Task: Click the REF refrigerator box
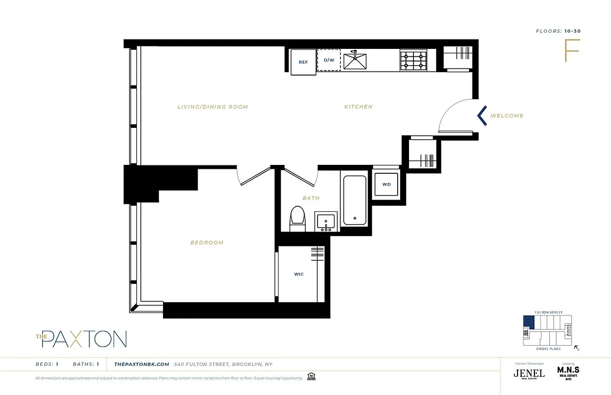pos(303,62)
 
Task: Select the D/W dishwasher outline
pos(329,60)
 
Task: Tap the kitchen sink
pos(356,60)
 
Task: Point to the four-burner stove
pos(413,60)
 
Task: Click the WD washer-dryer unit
pos(386,184)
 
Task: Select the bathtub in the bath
pos(354,200)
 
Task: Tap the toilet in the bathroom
pos(297,218)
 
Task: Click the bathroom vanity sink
pos(326,221)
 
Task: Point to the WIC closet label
pos(299,274)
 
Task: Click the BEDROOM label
pos(207,242)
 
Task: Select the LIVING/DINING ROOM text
pos(212,107)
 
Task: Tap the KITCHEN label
pos(358,107)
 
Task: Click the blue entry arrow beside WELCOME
pos(482,116)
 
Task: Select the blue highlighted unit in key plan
pos(528,322)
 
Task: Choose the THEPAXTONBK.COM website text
pos(142,364)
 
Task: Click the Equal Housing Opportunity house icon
pos(311,377)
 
